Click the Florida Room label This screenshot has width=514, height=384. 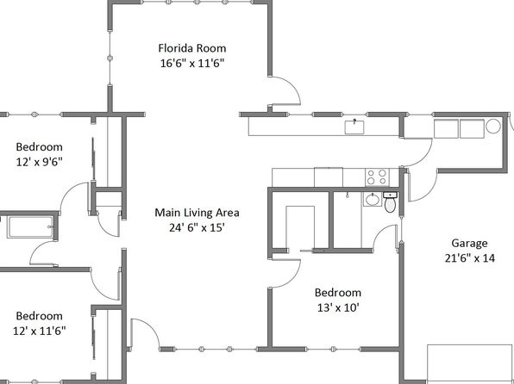click(x=192, y=48)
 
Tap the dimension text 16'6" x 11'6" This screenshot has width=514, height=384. click(x=192, y=63)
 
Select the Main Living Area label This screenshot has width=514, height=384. click(x=197, y=213)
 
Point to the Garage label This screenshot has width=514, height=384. click(x=469, y=244)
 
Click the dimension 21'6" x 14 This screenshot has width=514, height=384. click(x=469, y=258)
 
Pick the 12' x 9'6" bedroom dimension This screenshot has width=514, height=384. click(x=40, y=162)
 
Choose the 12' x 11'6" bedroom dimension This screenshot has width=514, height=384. click(x=40, y=331)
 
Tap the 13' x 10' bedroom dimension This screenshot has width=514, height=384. click(x=338, y=307)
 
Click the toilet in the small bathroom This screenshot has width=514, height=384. click(x=390, y=202)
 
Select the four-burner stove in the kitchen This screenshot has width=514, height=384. click(x=377, y=177)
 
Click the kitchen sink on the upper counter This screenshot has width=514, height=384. click(x=354, y=127)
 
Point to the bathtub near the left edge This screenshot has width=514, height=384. click(x=31, y=226)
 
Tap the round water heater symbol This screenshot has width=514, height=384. click(x=493, y=126)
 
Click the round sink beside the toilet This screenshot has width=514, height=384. click(x=372, y=200)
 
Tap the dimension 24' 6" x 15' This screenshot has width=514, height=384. click(x=197, y=227)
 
